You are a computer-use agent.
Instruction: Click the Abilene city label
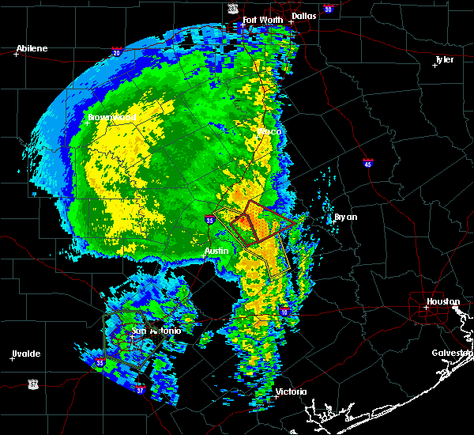[31, 49]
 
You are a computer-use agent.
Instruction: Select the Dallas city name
[303, 15]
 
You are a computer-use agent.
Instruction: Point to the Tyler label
[446, 59]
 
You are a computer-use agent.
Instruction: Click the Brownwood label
[112, 117]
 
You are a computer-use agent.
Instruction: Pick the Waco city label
[269, 131]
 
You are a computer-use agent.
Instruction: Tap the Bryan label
[345, 217]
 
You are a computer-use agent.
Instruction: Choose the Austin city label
[216, 251]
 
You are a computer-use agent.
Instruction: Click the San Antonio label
[156, 331]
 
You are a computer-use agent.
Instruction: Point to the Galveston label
[452, 353]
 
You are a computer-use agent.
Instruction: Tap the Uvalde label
[25, 354]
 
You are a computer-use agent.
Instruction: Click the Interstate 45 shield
[368, 164]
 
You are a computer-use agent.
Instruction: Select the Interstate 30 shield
[328, 9]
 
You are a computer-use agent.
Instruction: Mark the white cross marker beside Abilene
[16, 54]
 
